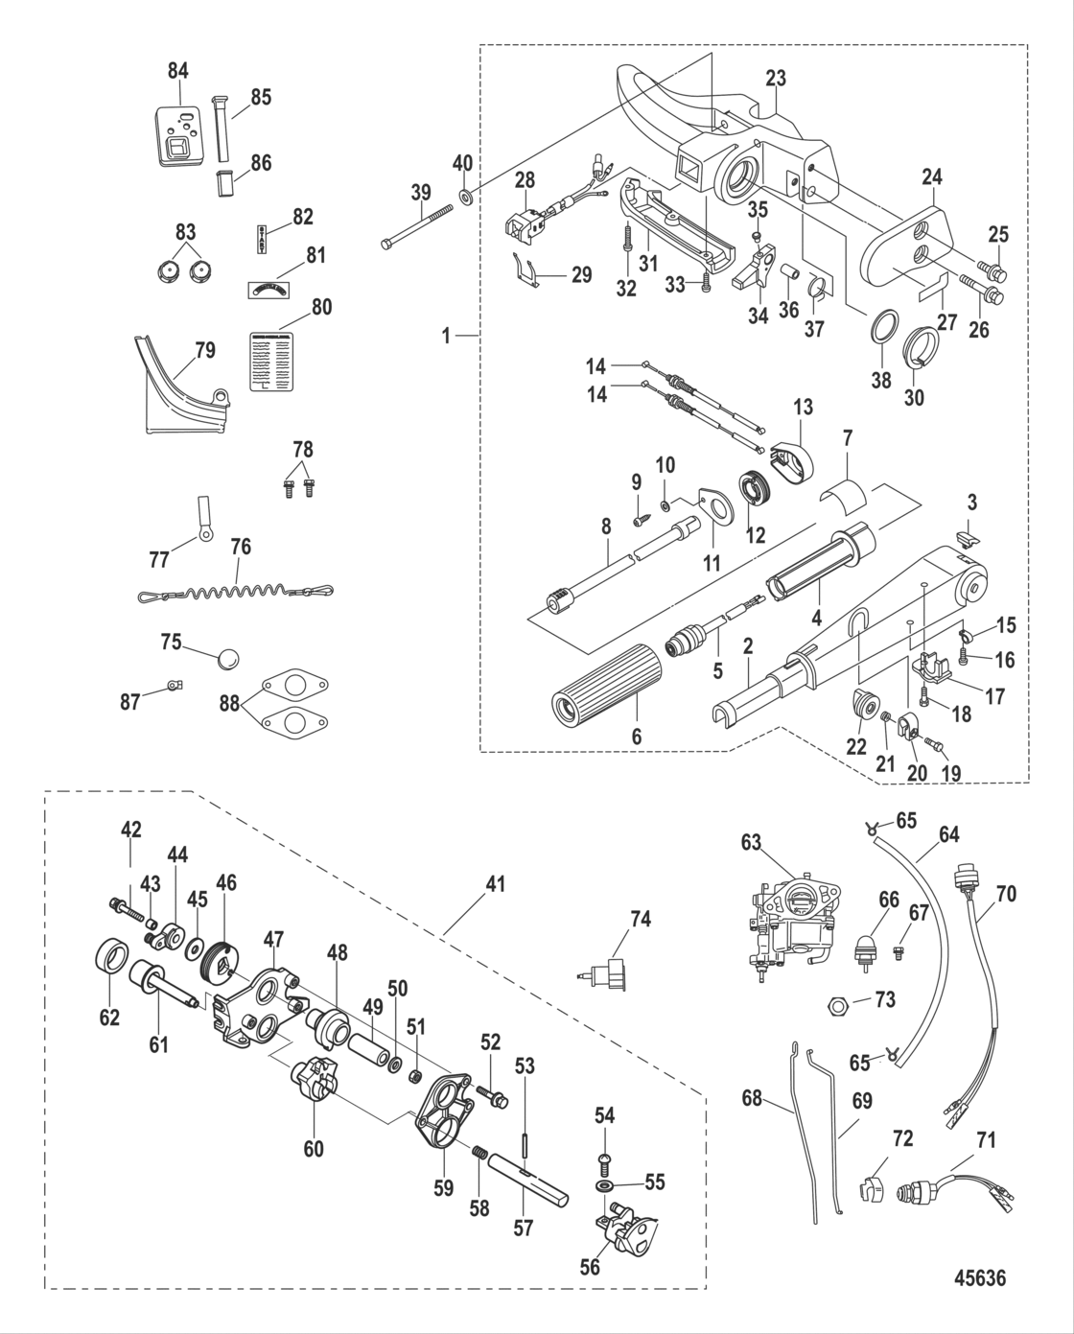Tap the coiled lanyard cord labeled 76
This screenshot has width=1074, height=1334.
pyautogui.click(x=235, y=592)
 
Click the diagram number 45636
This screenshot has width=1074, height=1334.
pyautogui.click(x=980, y=1278)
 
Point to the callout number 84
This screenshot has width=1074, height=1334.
pyautogui.click(x=178, y=70)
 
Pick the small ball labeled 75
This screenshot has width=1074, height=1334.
pyautogui.click(x=228, y=659)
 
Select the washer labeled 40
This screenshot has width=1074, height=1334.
pyautogui.click(x=466, y=197)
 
